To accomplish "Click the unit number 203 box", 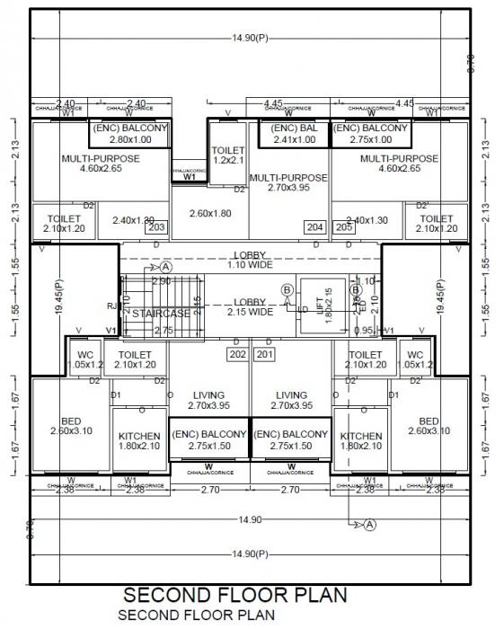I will (x=156, y=227).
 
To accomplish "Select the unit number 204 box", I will (x=314, y=227).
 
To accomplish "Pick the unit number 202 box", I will (x=237, y=354).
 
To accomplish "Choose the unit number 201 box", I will (x=265, y=354).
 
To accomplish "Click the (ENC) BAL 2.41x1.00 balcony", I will (x=294, y=134).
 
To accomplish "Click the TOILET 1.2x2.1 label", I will (x=227, y=155).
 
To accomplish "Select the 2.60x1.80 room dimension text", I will (x=210, y=213).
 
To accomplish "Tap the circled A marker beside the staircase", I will (x=165, y=267).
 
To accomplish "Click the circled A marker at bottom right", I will (x=369, y=524).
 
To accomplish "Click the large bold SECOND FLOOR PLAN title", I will (x=234, y=596).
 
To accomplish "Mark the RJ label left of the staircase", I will (x=111, y=306).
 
